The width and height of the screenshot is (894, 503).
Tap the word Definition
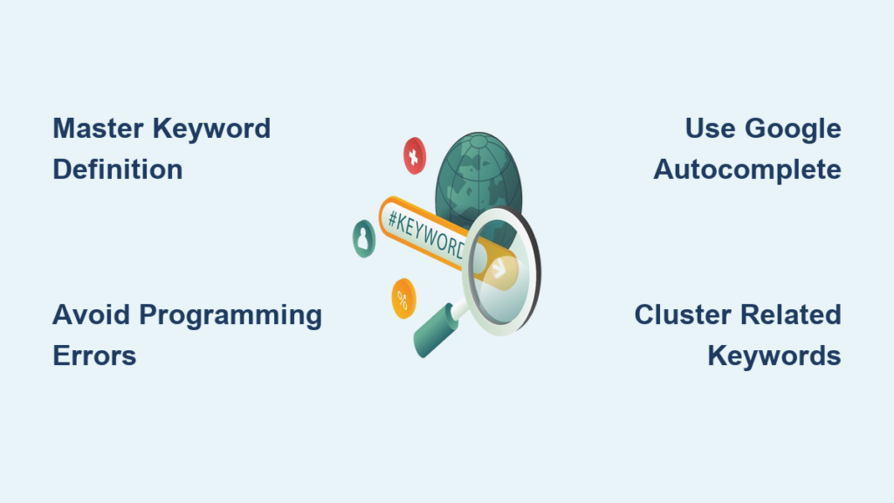pos(118,169)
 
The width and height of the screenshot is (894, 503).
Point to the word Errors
pos(94,355)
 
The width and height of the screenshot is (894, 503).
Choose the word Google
pos(794,128)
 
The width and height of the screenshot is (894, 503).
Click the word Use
pos(709,128)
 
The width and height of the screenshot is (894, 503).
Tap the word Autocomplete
pos(747,169)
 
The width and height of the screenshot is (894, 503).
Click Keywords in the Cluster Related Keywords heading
pos(774,355)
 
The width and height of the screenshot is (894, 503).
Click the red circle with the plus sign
pos(414,155)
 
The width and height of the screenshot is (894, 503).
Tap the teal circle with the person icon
pos(364,238)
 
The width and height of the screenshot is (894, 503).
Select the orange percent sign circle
pos(403,298)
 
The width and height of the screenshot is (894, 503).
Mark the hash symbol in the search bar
pos(393,217)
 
